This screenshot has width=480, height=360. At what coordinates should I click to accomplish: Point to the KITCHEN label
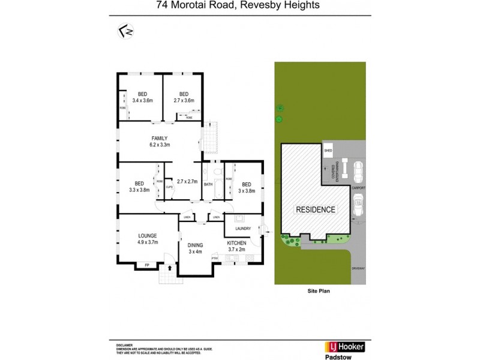[237, 242]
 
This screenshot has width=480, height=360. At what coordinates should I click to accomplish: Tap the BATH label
[208, 185]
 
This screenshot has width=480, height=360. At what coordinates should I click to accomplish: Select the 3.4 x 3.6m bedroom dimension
[143, 101]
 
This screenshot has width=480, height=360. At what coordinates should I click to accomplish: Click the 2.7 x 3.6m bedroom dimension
[184, 101]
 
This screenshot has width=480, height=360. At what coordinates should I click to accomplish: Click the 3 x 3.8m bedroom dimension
[246, 191]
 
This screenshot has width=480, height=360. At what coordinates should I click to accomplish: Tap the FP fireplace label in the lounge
[147, 265]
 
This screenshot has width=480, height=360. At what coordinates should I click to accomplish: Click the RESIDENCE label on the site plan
[315, 210]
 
